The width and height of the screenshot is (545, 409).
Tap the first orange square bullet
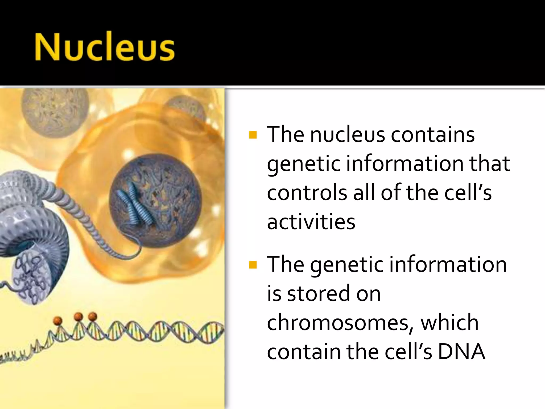click(x=253, y=135)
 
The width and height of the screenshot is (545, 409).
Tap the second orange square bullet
click(x=253, y=265)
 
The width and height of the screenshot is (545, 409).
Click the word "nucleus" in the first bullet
click(x=347, y=134)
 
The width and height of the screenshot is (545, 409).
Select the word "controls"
click(x=307, y=192)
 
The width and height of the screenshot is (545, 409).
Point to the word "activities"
click(x=311, y=222)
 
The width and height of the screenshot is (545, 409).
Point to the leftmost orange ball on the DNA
click(x=58, y=321)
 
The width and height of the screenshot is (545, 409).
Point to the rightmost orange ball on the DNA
click(x=93, y=317)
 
